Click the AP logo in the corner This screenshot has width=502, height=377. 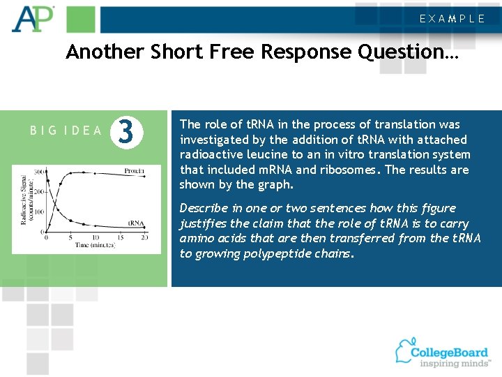tap(33, 19)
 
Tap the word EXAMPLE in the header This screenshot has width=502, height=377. tap(452, 19)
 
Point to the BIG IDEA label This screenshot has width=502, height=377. tap(67, 131)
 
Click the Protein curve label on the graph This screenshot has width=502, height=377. tap(134, 171)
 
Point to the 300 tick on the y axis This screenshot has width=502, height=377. tap(40, 172)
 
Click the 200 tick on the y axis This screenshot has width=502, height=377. tap(40, 192)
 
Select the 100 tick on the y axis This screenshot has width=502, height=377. tap(40, 212)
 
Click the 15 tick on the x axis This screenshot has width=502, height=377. tap(119, 238)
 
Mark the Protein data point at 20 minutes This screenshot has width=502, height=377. tap(144, 177)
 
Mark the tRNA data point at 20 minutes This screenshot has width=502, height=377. tap(144, 229)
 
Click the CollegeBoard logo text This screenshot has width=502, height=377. tap(450, 353)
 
